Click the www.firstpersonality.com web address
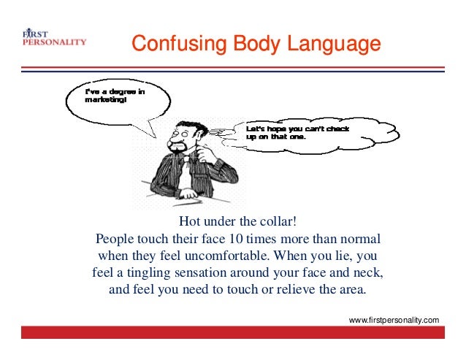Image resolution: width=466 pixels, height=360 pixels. coord(394,320)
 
